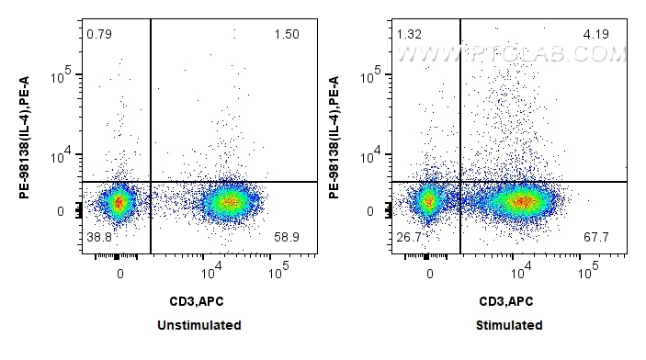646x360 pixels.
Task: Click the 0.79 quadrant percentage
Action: [x=97, y=35]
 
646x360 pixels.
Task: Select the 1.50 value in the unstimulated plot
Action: [x=286, y=35]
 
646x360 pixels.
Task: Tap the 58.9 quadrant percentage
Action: [x=288, y=238]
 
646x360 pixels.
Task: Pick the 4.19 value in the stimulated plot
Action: [x=595, y=35]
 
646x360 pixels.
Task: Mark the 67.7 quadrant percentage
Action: [x=597, y=238]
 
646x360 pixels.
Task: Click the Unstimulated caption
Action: [x=199, y=325]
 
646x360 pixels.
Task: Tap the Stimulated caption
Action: [x=509, y=325]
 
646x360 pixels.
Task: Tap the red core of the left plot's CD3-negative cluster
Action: [x=118, y=202]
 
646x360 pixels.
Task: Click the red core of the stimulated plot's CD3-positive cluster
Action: [x=521, y=201]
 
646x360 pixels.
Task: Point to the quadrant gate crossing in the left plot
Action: [x=150, y=182]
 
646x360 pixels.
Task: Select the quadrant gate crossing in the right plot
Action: [x=459, y=182]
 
